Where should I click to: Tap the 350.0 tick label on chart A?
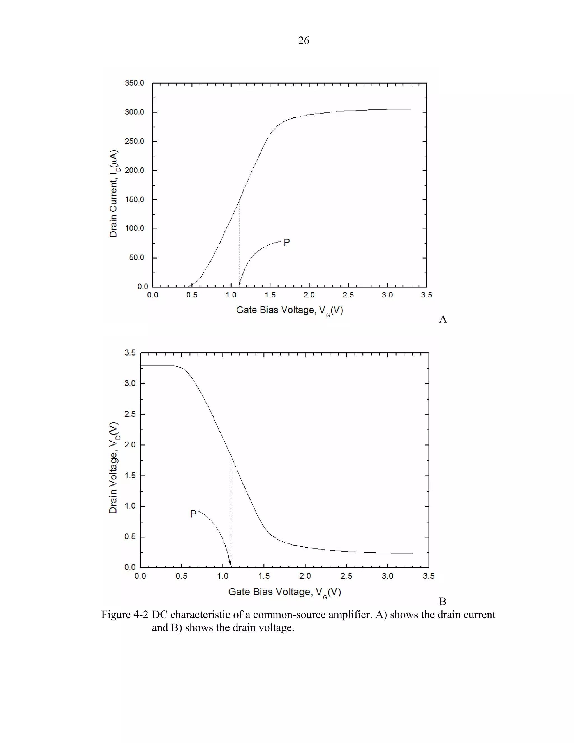coord(134,83)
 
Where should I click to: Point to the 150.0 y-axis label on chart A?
coord(134,199)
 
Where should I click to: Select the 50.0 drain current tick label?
coord(136,258)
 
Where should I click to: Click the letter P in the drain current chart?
coord(287,242)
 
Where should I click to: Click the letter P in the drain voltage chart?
coord(193,514)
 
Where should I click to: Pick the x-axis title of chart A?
coord(289,310)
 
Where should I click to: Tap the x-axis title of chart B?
coord(284,592)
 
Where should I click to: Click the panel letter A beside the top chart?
coord(443,319)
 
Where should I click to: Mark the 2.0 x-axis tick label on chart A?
coord(309,295)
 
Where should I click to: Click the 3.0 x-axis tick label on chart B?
coord(387,576)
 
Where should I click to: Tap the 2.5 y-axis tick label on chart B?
coord(130,414)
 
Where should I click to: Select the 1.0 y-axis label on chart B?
coord(130,506)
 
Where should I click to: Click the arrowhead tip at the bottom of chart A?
coord(239,286)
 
